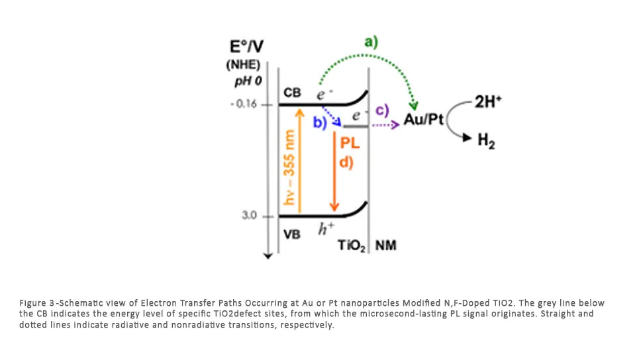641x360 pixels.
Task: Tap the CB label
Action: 292,93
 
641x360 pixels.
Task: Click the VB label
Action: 292,234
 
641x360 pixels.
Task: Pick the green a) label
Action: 371,42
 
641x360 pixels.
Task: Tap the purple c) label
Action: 382,110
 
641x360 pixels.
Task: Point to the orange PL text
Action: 349,142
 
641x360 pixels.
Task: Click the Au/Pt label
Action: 423,122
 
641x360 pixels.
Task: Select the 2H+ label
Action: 489,103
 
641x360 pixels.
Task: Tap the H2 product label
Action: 487,140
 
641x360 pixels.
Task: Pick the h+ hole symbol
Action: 324,229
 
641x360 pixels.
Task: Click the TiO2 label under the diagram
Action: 352,246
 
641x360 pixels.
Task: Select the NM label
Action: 385,246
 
